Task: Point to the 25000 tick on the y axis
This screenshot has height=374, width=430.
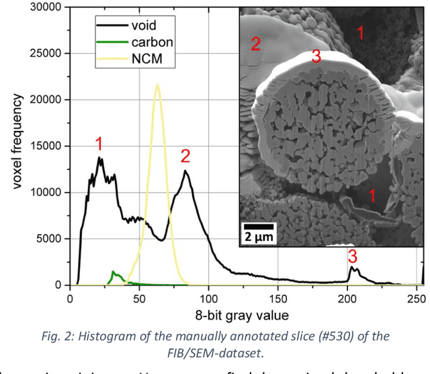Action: (x=43, y=54)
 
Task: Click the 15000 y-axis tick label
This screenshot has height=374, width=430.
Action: (x=43, y=146)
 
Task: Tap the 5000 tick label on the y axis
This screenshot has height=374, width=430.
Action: (x=47, y=239)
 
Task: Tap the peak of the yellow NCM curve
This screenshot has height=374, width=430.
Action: (x=157, y=85)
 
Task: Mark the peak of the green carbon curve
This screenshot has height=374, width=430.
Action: (x=114, y=272)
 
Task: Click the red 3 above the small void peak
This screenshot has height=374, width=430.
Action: (x=352, y=256)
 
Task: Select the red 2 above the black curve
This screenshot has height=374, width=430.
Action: (x=185, y=156)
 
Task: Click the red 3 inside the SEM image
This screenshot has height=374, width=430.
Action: (x=316, y=58)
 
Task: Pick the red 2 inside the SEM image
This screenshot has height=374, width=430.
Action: (x=255, y=44)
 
